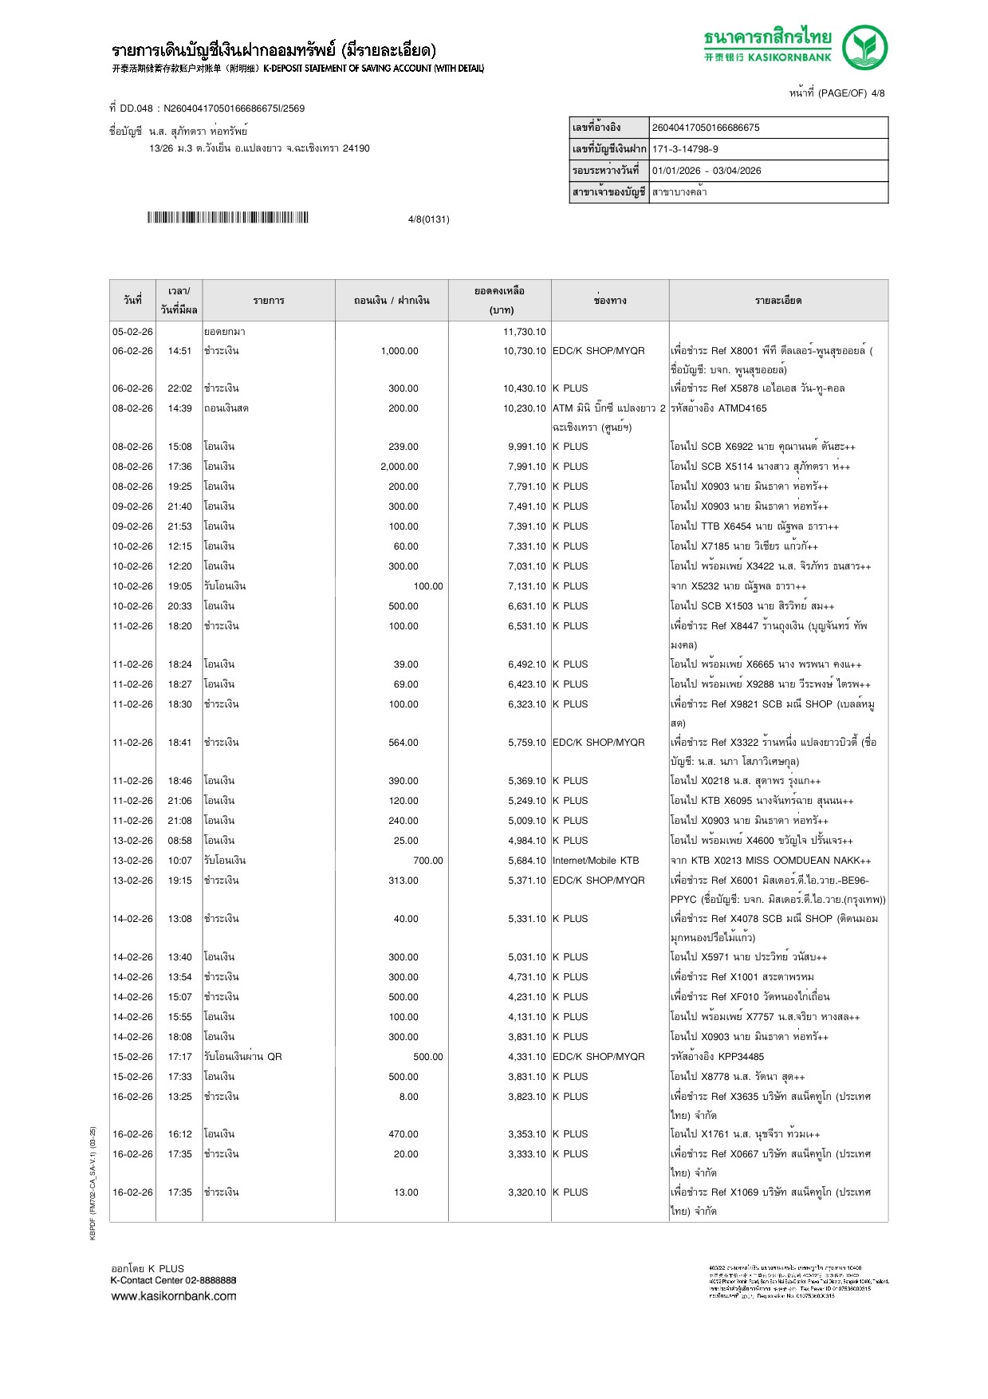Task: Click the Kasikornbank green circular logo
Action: pos(865,47)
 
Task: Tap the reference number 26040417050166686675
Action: pos(706,128)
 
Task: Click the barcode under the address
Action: pos(227,218)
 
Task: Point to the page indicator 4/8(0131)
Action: pos(428,219)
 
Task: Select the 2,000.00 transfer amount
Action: pos(399,467)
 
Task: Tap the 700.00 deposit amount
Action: pos(427,861)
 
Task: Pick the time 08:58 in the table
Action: pos(179,841)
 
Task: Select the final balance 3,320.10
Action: pos(526,1192)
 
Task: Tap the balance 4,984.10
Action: pos(526,841)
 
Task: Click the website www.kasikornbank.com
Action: pos(174,1296)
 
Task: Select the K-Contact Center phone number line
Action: pos(173,1280)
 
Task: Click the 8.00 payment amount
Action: pos(408,1097)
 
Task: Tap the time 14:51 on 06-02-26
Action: pos(179,351)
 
